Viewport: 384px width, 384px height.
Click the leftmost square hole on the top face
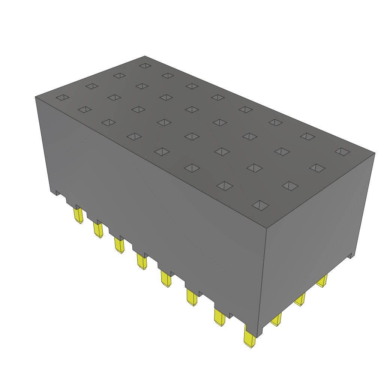point(63,97)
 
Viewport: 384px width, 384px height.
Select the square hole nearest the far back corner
point(145,66)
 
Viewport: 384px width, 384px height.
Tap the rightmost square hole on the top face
point(342,151)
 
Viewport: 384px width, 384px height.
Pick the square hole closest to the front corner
point(261,205)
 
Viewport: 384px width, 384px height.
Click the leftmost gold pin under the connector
point(78,216)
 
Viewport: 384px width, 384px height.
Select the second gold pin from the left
point(98,230)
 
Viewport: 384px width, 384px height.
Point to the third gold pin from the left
point(119,245)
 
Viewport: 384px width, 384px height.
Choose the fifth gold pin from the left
point(166,279)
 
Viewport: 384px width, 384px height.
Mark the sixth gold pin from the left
point(192,298)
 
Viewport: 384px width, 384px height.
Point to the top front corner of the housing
point(266,228)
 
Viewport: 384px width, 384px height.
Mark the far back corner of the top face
point(145,56)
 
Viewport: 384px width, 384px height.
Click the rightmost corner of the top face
point(375,153)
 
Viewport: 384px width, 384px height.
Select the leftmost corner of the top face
point(35,97)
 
